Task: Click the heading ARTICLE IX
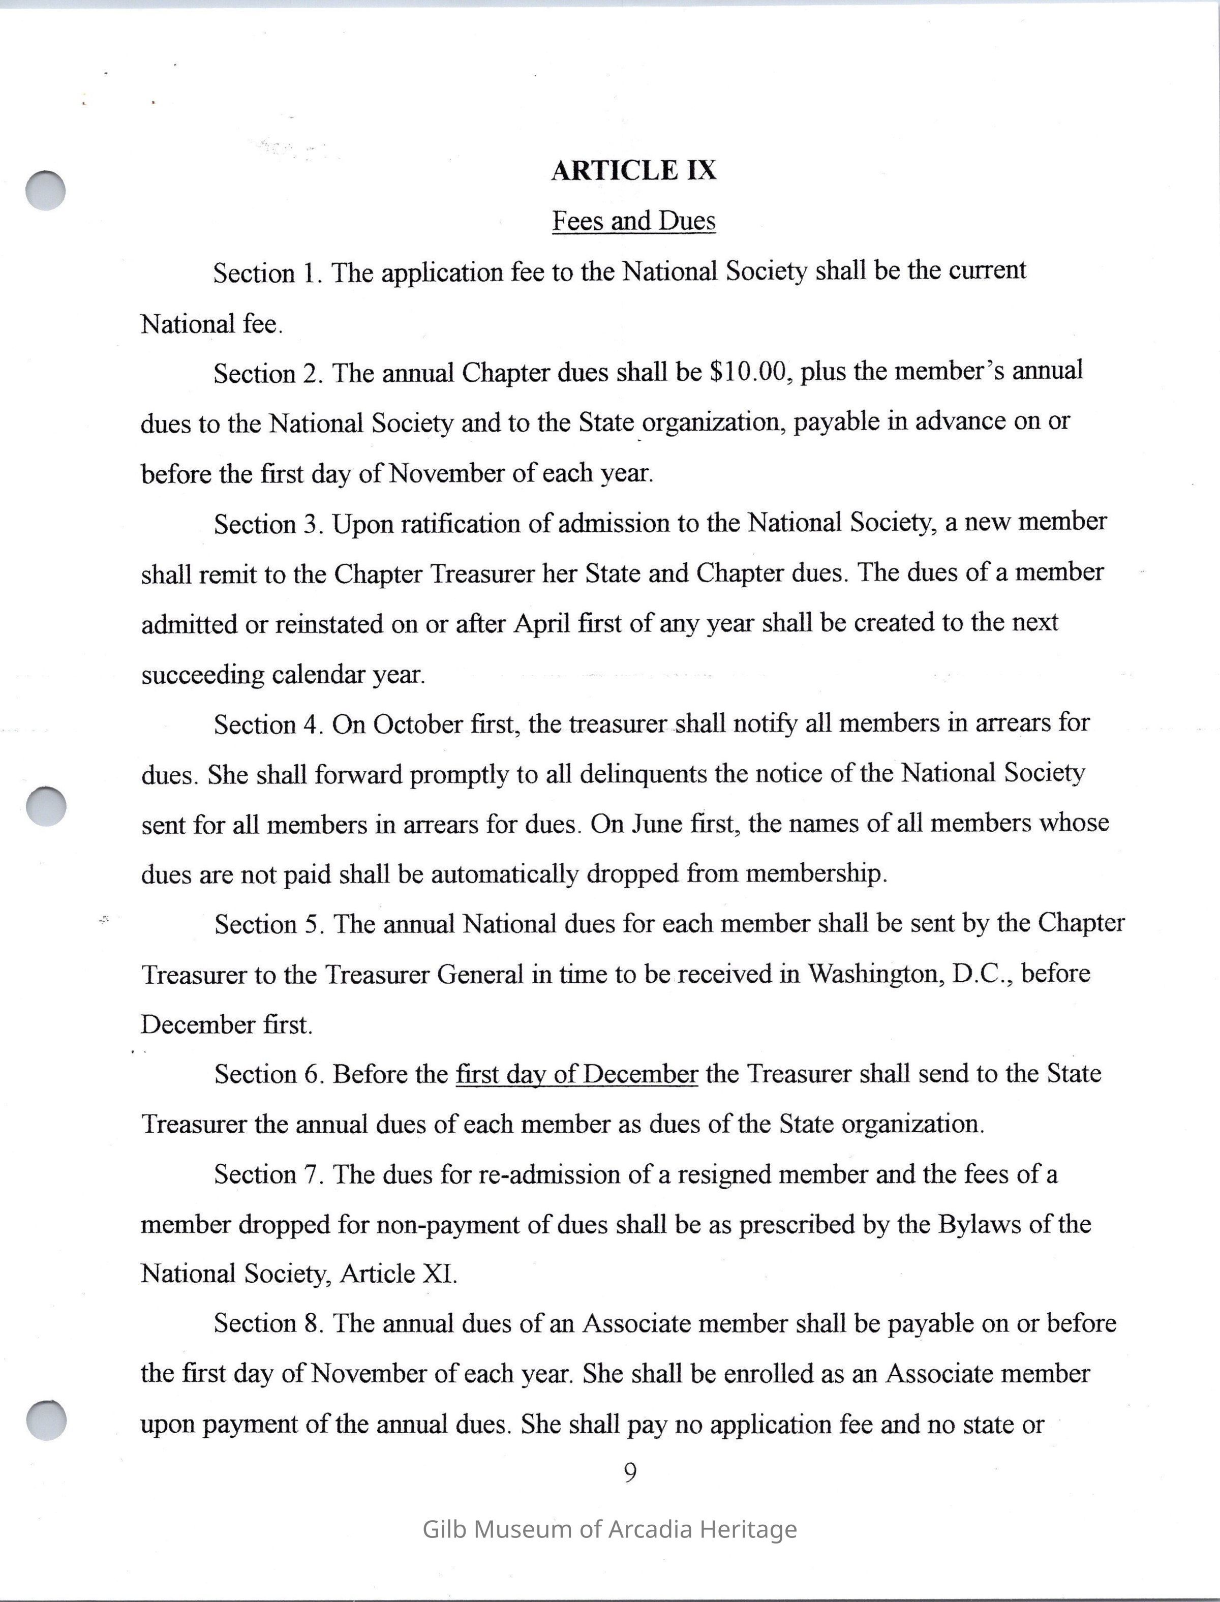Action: [633, 171]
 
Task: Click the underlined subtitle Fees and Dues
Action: [633, 221]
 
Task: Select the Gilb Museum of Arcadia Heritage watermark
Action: [609, 1529]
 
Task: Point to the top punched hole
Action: [46, 191]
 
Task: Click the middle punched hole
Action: [46, 806]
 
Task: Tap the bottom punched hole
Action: [46, 1419]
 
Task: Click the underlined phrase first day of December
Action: [576, 1074]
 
